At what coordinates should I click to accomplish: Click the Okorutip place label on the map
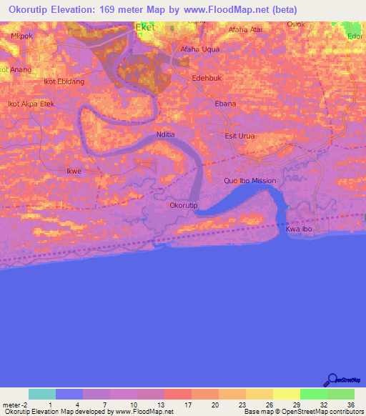point(183,205)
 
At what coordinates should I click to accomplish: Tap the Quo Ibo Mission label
point(249,181)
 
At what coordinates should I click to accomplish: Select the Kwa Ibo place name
point(300,229)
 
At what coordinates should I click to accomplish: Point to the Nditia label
point(166,134)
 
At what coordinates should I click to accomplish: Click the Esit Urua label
point(240,135)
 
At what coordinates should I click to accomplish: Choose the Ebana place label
point(225,104)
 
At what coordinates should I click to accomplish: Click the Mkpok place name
point(22,34)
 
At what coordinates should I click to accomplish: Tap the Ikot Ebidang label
point(64,81)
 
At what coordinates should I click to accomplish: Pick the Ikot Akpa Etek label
point(31,104)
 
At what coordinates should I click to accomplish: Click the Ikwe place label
point(74,172)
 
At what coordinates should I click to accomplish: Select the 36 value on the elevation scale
point(350,405)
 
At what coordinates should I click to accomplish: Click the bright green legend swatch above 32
point(313,394)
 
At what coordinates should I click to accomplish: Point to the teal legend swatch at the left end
point(41,394)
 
